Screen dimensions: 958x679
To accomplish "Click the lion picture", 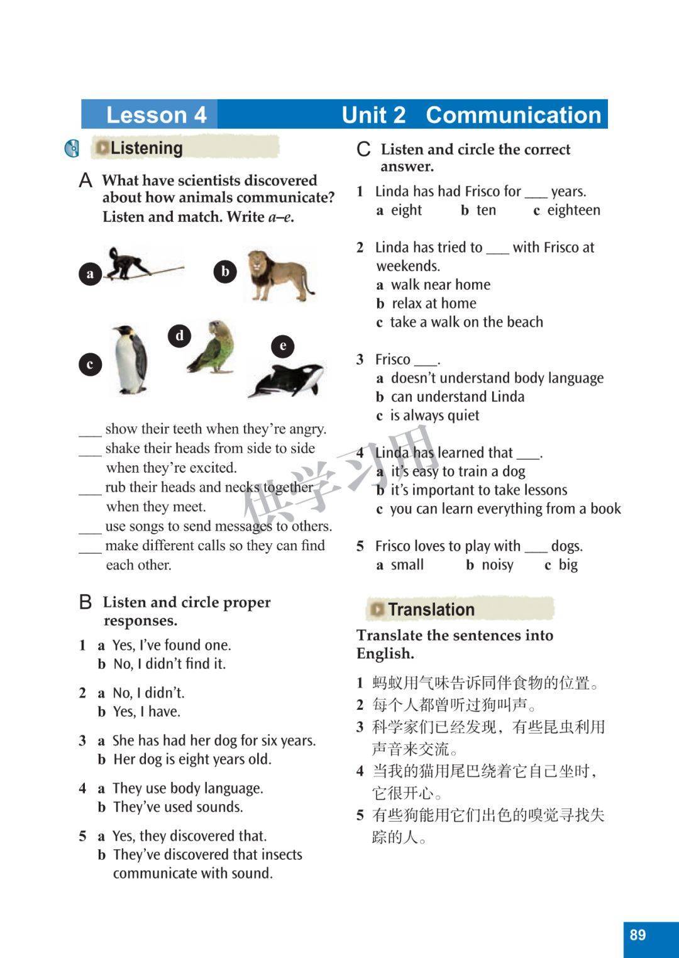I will coord(277,275).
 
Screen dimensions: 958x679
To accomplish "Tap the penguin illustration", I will coord(131,360).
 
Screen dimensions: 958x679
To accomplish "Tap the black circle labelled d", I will coord(180,336).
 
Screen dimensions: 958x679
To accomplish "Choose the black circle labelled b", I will coord(225,272).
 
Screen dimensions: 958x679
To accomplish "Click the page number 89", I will coord(638,935).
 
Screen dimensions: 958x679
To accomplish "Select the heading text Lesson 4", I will coord(156,115).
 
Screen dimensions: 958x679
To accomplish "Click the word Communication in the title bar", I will coord(513,115).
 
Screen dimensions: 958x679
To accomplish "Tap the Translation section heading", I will coord(431,609).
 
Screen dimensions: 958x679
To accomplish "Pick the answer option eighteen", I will coord(573,210).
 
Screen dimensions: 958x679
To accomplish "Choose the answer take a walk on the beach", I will coord(466,322).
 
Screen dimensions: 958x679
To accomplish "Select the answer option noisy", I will coord(497,564).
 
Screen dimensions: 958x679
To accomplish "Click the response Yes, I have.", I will coord(146,712).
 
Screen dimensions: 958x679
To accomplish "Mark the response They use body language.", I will coord(187,788).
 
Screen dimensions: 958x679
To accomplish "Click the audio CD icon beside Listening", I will coord(72,148).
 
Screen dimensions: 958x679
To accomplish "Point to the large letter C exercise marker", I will coord(363,150).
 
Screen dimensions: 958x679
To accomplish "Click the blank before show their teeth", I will coord(90,430).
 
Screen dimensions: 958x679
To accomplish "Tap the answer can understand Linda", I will coord(457,397).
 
